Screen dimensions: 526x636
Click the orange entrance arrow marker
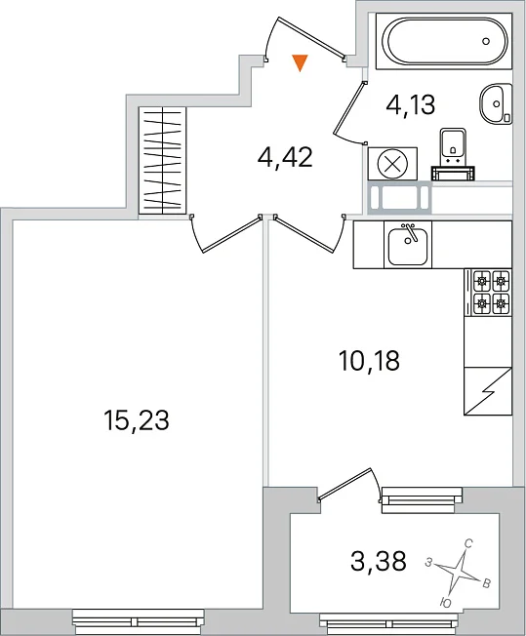(300, 62)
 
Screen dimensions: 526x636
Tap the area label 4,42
(285, 158)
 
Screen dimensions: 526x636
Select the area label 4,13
(410, 104)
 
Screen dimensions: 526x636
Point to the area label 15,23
(137, 419)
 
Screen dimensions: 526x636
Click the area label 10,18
(369, 361)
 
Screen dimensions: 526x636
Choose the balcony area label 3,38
(379, 562)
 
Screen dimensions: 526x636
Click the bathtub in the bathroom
(444, 41)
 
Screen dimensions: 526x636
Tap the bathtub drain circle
(486, 41)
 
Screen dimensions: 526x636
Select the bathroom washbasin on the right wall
(496, 103)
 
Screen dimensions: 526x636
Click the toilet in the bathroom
(453, 154)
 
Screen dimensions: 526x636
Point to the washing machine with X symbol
(392, 164)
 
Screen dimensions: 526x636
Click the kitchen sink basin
(408, 245)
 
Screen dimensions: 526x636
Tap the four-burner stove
(488, 292)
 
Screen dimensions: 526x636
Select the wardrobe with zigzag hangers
(162, 160)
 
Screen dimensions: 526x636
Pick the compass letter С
(468, 544)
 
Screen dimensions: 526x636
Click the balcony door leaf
(344, 483)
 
